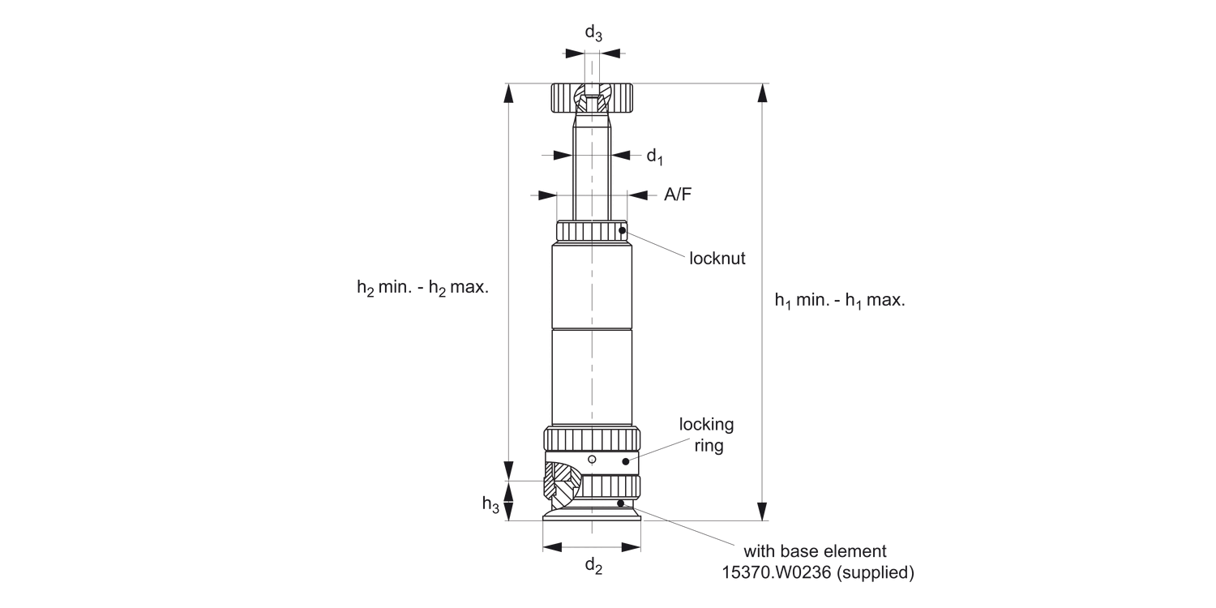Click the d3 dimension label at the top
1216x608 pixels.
(593, 33)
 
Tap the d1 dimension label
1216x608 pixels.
(654, 156)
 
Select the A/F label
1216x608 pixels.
(678, 195)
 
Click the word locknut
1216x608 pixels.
(717, 259)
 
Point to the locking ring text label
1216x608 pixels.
(706, 435)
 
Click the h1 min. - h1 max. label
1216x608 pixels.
(839, 300)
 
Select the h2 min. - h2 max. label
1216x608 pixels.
(422, 288)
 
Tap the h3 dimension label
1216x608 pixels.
(490, 504)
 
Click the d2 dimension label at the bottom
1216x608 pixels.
(593, 567)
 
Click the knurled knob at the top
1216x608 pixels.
(592, 98)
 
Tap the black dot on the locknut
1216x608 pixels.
(622, 231)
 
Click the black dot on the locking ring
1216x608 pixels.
(625, 461)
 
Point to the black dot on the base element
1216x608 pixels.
(621, 503)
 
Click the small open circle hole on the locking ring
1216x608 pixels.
(592, 460)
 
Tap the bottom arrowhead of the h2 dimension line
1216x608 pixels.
(508, 472)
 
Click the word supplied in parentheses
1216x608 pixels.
(876, 572)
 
